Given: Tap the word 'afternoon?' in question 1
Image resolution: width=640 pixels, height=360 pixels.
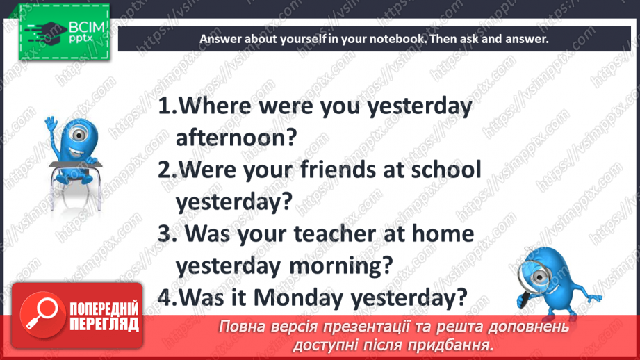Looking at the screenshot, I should pyautogui.click(x=236, y=138).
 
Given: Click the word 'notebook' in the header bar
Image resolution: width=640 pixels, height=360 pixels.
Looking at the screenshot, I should pyautogui.click(x=391, y=39).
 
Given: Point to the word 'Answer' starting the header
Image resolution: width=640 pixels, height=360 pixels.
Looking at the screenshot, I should pyautogui.click(x=218, y=39).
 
